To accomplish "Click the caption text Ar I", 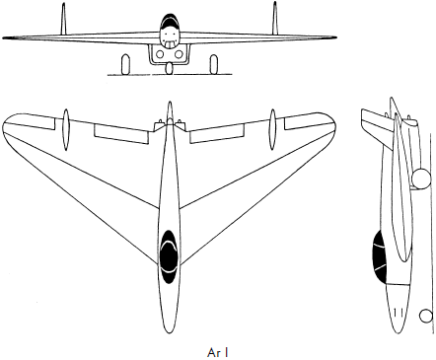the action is click(x=218, y=352).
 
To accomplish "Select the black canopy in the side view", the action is click(x=379, y=256).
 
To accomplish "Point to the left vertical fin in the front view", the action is click(x=63, y=19).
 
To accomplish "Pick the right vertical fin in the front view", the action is click(x=275, y=18).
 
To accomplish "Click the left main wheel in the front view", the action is click(x=125, y=65).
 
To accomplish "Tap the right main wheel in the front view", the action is click(x=214, y=65).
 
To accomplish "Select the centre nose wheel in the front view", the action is click(x=170, y=68).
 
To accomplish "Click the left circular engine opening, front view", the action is click(x=160, y=54).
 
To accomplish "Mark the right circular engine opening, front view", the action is click(x=179, y=54).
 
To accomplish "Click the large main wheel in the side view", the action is click(x=421, y=179).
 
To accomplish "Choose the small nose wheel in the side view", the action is click(x=426, y=316).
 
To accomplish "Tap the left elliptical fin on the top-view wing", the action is click(x=66, y=129).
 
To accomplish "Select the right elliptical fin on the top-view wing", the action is click(x=272, y=129).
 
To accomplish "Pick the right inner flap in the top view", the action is click(x=218, y=134).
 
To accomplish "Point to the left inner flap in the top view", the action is click(x=121, y=134).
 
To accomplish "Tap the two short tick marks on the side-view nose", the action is click(x=399, y=312).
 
